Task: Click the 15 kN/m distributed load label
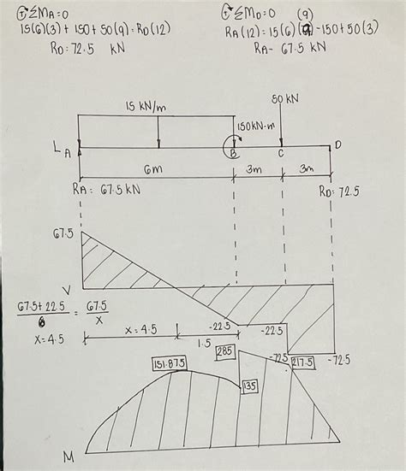pyautogui.click(x=147, y=106)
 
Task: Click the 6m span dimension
pyautogui.click(x=154, y=170)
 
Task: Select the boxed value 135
pyautogui.click(x=250, y=386)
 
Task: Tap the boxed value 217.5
pyautogui.click(x=302, y=362)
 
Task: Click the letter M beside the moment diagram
pyautogui.click(x=69, y=457)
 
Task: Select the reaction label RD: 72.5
pyautogui.click(x=339, y=191)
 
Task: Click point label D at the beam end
pyautogui.click(x=337, y=145)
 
